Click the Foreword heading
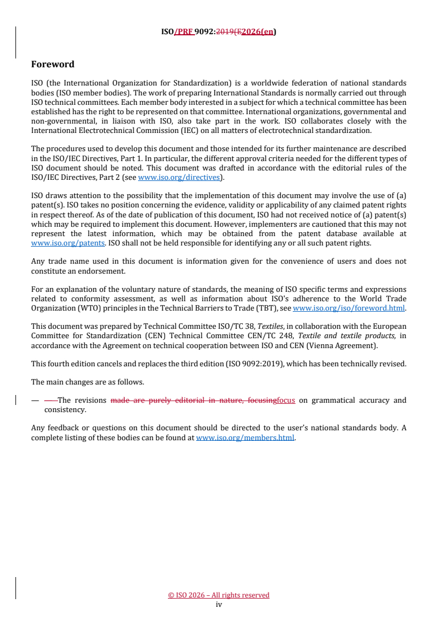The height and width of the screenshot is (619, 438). (x=52, y=65)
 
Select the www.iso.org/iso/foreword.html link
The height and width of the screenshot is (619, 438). (x=349, y=308)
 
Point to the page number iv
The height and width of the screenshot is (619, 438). (x=219, y=604)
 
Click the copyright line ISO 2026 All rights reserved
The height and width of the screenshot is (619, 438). (x=219, y=595)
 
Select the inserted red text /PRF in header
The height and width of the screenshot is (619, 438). (x=183, y=32)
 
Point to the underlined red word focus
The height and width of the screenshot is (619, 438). (x=286, y=401)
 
